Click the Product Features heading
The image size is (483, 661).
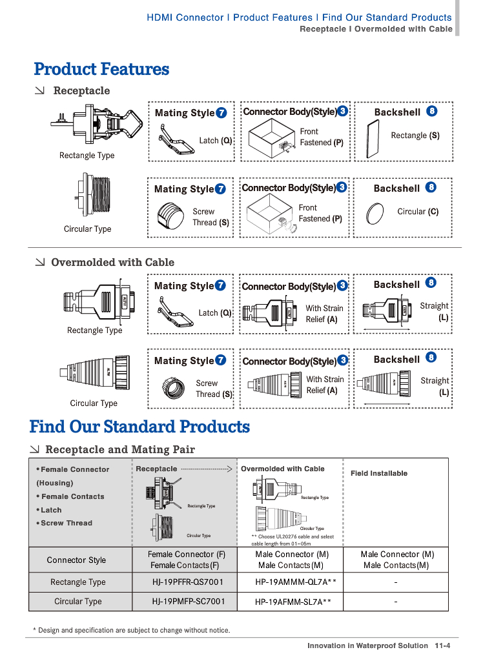point(101,69)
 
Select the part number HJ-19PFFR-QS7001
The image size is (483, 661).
point(188,582)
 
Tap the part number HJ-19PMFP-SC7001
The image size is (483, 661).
point(189,601)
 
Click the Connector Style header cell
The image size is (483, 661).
point(76,560)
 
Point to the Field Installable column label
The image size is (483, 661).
point(379,473)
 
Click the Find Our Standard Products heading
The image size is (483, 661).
point(139,427)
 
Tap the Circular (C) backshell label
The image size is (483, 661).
point(418,211)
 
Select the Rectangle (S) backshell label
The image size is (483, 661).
point(415,136)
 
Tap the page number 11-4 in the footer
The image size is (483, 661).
point(442,646)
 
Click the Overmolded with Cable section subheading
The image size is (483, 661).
point(112,262)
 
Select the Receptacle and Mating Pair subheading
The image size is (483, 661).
point(120,449)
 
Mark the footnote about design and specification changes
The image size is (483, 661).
point(131,630)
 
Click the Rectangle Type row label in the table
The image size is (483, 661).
point(78,582)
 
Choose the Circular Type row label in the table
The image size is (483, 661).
point(78,601)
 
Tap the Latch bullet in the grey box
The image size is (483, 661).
point(51,510)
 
